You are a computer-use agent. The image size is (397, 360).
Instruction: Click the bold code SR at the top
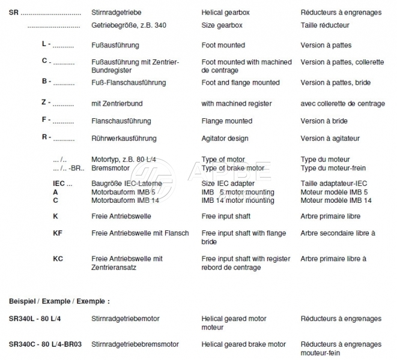click(14, 12)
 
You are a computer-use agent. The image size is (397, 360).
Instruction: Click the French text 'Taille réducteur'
click(325, 25)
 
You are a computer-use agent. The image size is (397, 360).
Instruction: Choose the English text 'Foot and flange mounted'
click(241, 82)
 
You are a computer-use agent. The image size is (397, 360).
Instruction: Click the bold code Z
click(45, 103)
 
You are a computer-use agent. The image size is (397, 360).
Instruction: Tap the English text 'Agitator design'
click(225, 139)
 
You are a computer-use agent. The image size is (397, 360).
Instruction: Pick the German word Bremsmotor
click(109, 168)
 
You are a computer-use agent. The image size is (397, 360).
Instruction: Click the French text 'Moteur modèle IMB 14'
click(336, 200)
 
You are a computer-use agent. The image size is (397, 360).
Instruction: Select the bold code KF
click(58, 233)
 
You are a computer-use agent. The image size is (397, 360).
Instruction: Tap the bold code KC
click(58, 259)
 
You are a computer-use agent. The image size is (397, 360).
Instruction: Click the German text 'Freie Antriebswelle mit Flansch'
click(140, 233)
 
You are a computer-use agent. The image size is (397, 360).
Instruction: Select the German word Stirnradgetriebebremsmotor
click(135, 344)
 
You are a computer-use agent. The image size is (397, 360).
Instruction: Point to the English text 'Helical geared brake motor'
click(244, 344)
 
